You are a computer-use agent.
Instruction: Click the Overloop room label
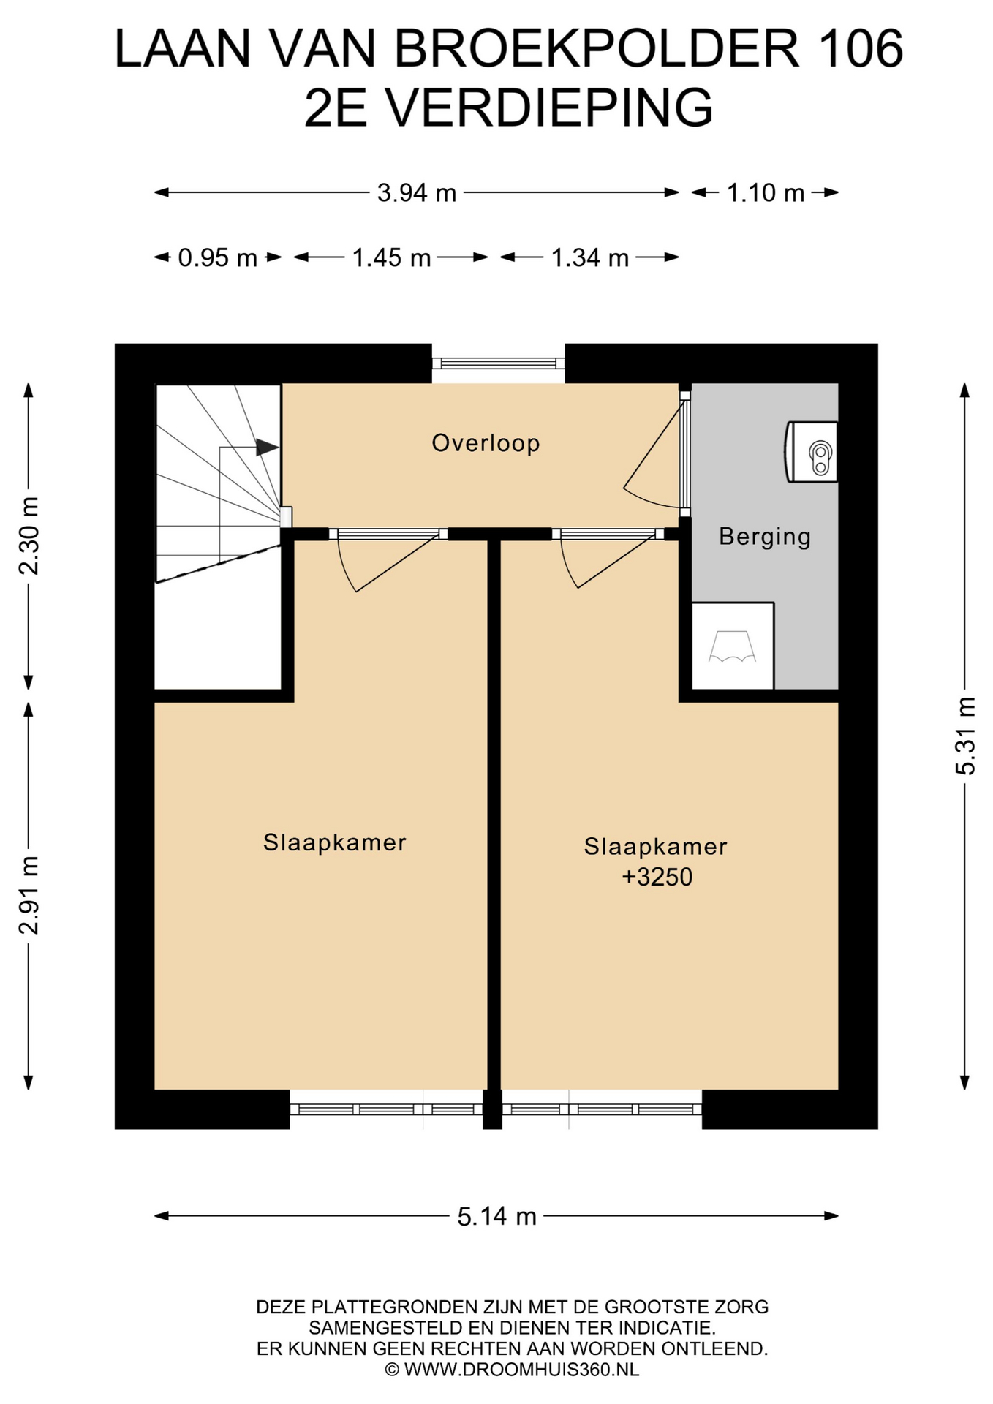tap(486, 443)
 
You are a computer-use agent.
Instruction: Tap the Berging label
tap(765, 537)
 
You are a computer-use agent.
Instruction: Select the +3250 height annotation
tap(657, 877)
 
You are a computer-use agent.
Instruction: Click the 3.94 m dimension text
tap(417, 193)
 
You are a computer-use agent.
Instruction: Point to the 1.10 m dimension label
tap(765, 193)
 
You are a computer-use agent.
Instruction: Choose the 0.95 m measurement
tap(218, 257)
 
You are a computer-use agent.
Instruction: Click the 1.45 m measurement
tap(391, 257)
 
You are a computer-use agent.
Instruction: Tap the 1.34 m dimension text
tap(589, 257)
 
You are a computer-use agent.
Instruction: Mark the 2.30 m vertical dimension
tap(29, 536)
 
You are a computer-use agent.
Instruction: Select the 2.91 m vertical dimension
tap(29, 895)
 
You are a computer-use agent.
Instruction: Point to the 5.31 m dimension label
tap(965, 736)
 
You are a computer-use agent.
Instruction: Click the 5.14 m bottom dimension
tap(497, 1216)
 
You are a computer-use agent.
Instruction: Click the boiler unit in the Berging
tap(811, 452)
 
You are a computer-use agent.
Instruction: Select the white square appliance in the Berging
tap(733, 646)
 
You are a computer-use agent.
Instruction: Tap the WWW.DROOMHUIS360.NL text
tap(522, 1370)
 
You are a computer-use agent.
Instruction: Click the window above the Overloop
tap(498, 363)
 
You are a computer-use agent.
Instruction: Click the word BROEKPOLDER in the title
tap(597, 49)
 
